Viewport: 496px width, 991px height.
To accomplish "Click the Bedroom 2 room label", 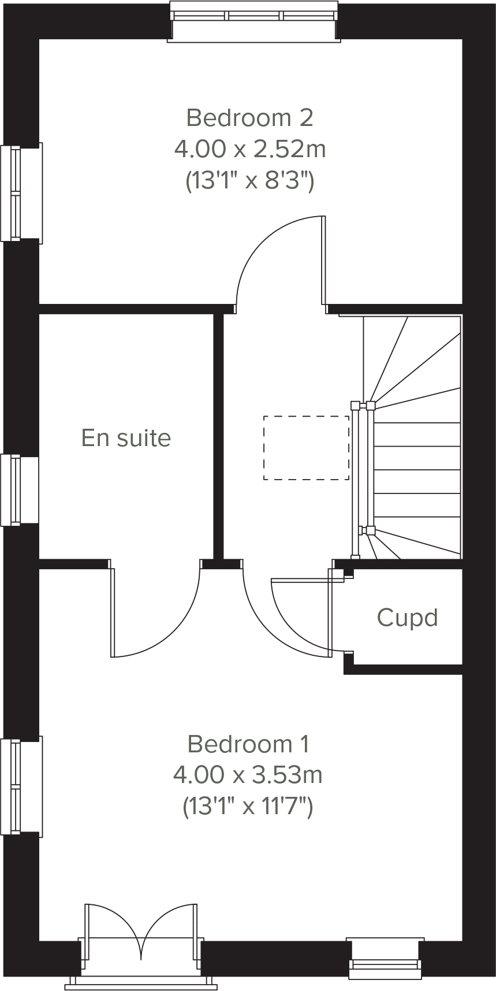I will coord(249,118).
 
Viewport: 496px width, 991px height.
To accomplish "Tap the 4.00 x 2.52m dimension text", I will coord(249,150).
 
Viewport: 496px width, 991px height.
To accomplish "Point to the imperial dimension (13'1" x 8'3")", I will coord(249,181).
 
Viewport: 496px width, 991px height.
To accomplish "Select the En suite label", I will coord(126,438).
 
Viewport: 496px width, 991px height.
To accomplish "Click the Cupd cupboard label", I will coord(407,618).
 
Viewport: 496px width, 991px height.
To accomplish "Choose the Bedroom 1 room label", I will coord(248,744).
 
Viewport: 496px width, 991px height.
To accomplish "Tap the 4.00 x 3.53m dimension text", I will coord(248,774).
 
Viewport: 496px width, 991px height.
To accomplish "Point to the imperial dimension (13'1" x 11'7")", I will coord(248,806).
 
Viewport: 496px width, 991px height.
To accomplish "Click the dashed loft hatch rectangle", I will coord(306,448).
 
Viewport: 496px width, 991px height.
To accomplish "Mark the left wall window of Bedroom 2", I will coord(14,193).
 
